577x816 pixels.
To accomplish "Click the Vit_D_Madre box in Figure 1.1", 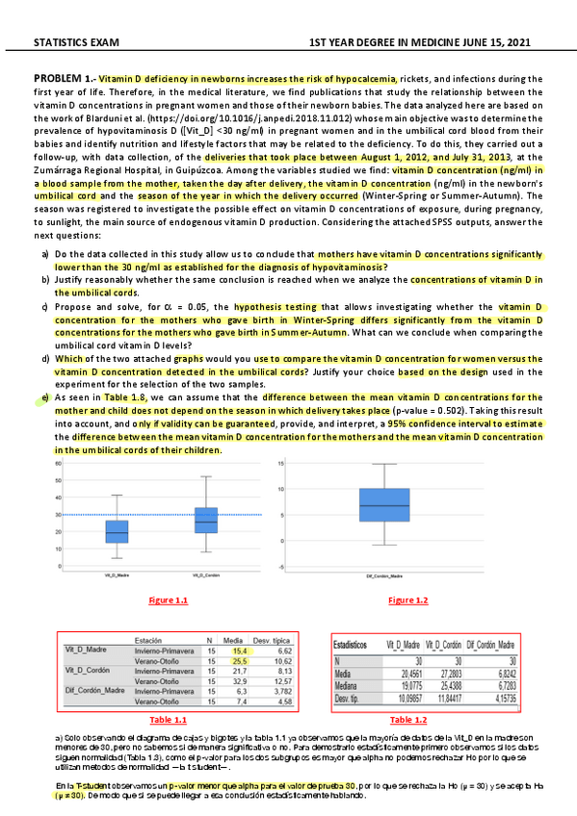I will pos(117,531).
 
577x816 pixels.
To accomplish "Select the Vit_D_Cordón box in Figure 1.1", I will pos(205,521).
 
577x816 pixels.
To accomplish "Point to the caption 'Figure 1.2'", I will pos(408,600).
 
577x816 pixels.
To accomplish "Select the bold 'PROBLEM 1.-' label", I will pos(65,77).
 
